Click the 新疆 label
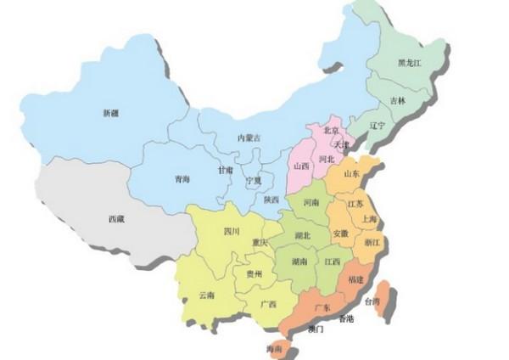click(x=111, y=113)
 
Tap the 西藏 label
click(x=116, y=219)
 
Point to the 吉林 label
click(x=398, y=101)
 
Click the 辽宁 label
click(x=378, y=126)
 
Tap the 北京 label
click(x=331, y=131)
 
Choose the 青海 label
click(x=182, y=179)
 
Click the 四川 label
click(x=232, y=231)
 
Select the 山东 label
click(x=351, y=174)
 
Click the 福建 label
click(x=355, y=279)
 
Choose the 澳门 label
click(x=316, y=328)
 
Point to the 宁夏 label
click(x=254, y=181)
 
